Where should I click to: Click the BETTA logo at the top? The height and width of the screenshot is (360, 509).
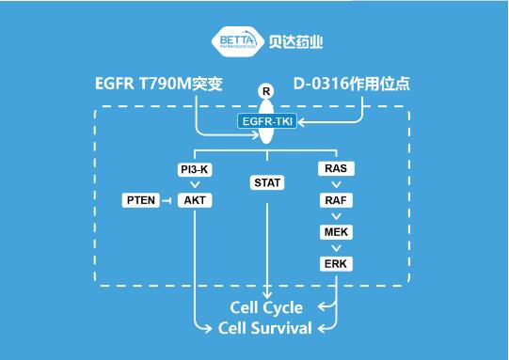point(237,42)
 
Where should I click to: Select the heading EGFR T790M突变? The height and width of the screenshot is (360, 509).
point(158,83)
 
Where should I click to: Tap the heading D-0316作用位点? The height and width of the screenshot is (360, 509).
point(352,83)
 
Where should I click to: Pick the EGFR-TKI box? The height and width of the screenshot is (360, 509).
point(267,121)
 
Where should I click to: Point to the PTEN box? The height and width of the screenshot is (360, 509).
point(140,200)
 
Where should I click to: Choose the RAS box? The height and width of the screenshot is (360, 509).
point(337,169)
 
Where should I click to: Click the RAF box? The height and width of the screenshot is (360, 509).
point(337,200)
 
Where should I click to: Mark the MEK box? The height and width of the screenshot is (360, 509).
point(337,231)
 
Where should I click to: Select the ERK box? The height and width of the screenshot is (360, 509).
point(337,263)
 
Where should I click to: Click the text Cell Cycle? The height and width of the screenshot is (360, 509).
point(267,307)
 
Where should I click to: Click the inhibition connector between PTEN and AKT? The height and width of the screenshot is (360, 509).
point(167,200)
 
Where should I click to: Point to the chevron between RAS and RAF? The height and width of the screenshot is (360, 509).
point(337,185)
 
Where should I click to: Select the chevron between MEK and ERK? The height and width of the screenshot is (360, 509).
point(337,247)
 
